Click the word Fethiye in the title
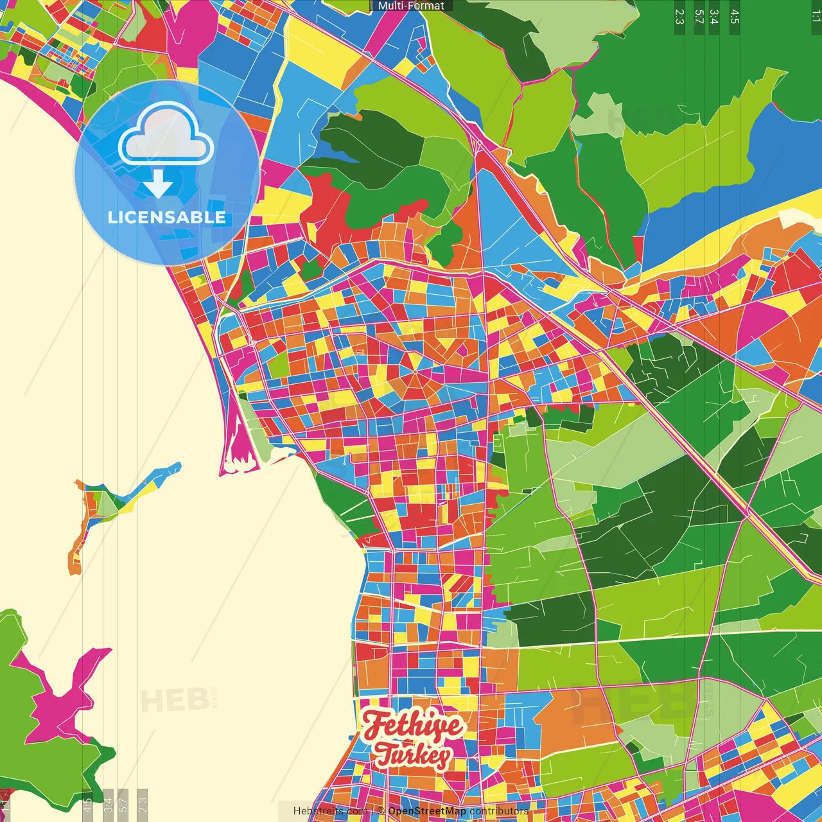coord(412,726)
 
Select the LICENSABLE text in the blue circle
coord(167,217)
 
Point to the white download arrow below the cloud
coord(158,185)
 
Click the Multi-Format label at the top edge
coord(411,6)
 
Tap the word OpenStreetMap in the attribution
coord(426,811)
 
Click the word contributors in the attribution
coord(499,811)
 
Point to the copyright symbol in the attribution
coord(381,811)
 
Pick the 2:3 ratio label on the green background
coord(679,17)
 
